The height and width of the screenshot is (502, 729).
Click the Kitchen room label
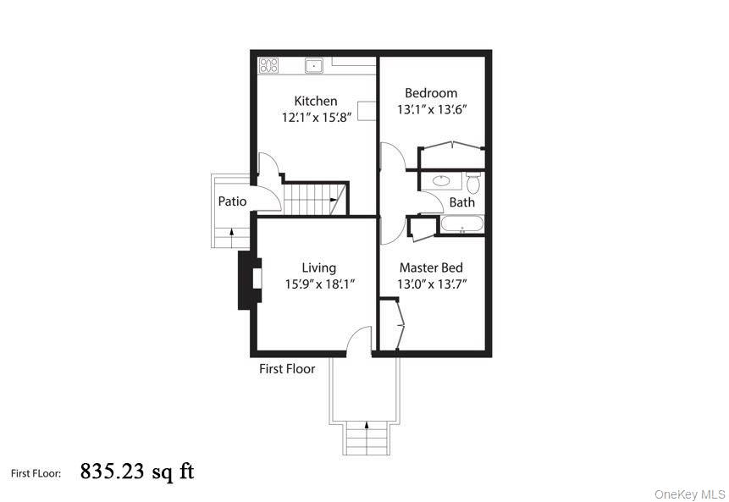315,101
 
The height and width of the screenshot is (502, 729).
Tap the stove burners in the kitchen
269,64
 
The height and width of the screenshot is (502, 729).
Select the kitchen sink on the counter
314,64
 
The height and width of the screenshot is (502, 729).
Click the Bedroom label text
430,93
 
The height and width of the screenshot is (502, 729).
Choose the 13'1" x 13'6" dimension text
432,109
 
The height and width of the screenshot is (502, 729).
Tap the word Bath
461,202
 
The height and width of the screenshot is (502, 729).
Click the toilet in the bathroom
472,181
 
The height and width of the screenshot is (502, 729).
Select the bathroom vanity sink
441,180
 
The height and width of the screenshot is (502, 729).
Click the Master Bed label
431,268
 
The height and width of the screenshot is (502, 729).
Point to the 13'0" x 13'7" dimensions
432,284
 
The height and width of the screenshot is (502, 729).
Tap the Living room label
318,268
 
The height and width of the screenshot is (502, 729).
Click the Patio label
232,201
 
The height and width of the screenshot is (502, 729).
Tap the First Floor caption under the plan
287,368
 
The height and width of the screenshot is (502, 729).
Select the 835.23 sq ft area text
137,471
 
